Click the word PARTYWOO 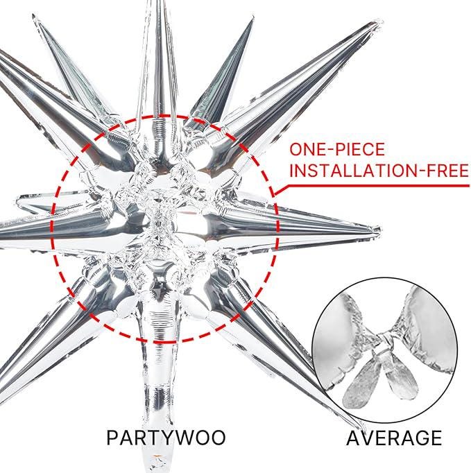[166, 438]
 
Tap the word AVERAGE [394, 438]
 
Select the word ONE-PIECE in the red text [337, 149]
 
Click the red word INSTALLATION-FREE [379, 171]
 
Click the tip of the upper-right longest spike [380, 21]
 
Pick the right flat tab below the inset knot [402, 379]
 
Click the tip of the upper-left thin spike [34, 16]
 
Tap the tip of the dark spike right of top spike [252, 20]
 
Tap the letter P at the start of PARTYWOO [112, 438]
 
